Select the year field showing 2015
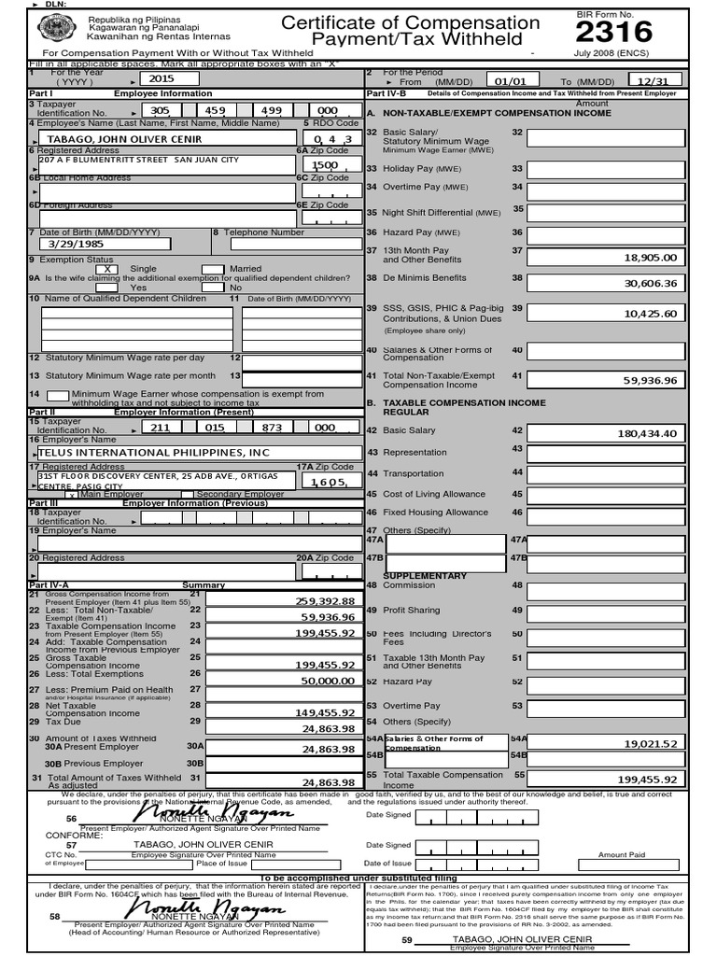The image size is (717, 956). coord(162,79)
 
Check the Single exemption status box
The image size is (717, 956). coord(108,269)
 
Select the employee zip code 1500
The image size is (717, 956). coord(326,164)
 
